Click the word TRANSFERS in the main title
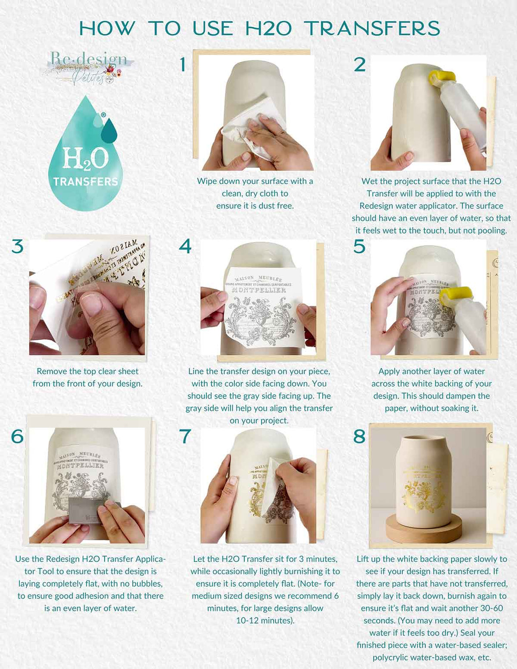(372, 29)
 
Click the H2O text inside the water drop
(85, 158)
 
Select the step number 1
(183, 65)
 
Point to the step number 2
(360, 65)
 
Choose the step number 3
(18, 247)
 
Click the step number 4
(185, 247)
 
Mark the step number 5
(359, 247)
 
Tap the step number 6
(18, 436)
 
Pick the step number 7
(185, 436)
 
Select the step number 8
(359, 436)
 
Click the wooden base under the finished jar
(424, 530)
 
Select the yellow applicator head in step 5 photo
(455, 295)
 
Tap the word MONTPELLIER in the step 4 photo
(258, 291)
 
